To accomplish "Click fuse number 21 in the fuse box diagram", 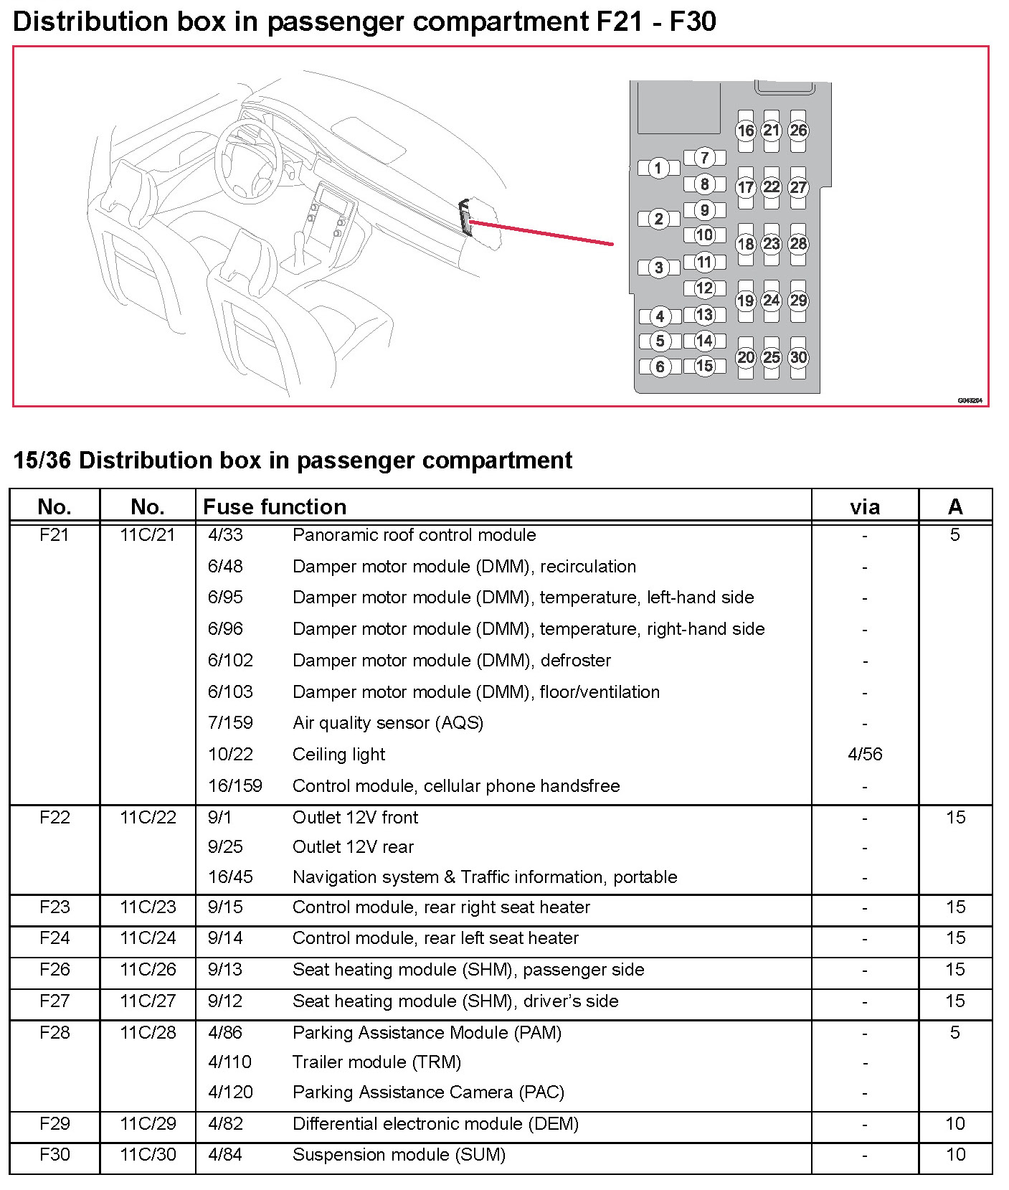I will click(x=771, y=131).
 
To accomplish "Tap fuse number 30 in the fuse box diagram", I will click(x=798, y=357).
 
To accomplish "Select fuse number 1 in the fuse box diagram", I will click(x=658, y=169).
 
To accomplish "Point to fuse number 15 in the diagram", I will click(x=704, y=366).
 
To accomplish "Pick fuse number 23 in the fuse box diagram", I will click(x=771, y=244).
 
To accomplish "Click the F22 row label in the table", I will click(x=55, y=817).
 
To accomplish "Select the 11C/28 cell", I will click(x=148, y=1032).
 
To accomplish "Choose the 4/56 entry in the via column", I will click(x=865, y=754).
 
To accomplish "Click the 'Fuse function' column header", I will click(x=275, y=507).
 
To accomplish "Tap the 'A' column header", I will click(x=954, y=507).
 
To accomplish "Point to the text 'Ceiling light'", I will click(x=338, y=755).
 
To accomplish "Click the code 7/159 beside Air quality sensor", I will click(x=230, y=723).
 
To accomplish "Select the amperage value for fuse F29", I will click(x=955, y=1123).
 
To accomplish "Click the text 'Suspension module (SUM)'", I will click(x=399, y=1155).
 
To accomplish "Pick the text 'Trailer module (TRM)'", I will click(x=376, y=1062).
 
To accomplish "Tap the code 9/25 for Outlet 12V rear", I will click(x=225, y=847).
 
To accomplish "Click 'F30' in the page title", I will click(x=692, y=22).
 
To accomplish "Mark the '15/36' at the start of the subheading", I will click(x=42, y=461).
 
